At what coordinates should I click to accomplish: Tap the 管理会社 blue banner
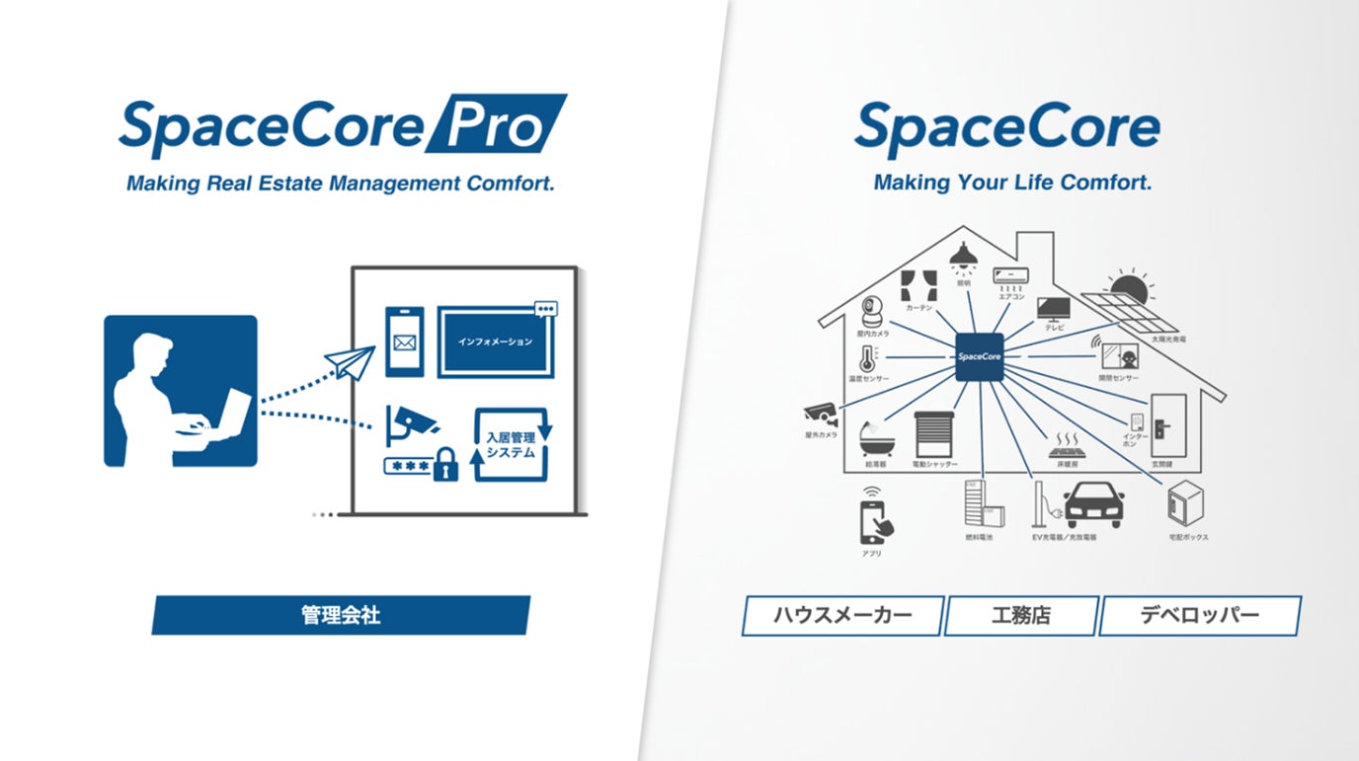point(341,615)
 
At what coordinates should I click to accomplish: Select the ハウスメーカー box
point(842,616)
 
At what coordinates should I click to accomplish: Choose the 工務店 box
point(1021,616)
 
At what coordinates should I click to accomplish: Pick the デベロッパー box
point(1199,616)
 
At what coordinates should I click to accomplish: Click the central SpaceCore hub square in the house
point(979,353)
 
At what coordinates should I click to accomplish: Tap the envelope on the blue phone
point(403,343)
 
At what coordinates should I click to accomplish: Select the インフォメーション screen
point(495,342)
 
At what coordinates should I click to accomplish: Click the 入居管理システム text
point(510,444)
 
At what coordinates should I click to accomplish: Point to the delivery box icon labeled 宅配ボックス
point(1187,506)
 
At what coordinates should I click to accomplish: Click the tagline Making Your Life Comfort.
point(1012,183)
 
